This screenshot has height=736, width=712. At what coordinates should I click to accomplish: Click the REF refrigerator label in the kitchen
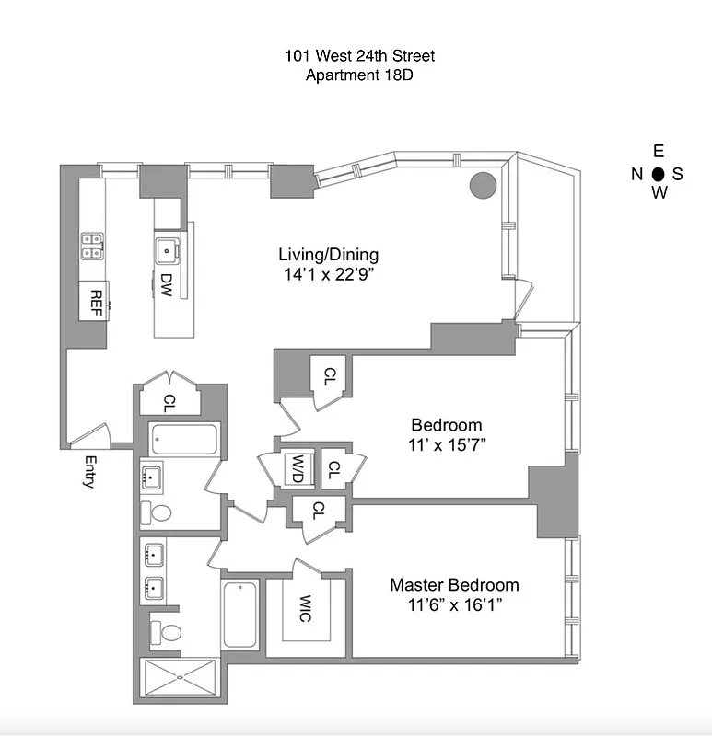coord(93,300)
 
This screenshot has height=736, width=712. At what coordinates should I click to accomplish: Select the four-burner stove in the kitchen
coord(91,246)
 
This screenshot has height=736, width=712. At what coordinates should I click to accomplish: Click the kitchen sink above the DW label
coord(167,248)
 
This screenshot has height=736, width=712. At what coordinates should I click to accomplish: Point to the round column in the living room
coord(484,185)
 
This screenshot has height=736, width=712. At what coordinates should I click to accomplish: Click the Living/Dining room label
coord(329,255)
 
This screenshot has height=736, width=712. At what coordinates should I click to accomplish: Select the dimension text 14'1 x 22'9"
coord(329,273)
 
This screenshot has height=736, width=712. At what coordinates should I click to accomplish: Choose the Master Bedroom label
coord(454,585)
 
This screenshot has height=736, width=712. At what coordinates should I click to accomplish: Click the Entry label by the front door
coord(89,471)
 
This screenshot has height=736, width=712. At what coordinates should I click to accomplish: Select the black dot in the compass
coord(658,173)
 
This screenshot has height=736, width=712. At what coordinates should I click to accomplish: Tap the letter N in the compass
coord(636,174)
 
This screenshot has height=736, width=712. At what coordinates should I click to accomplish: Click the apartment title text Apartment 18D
coord(359,75)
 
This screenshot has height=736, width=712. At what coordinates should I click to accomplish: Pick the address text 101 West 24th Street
coord(359,56)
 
